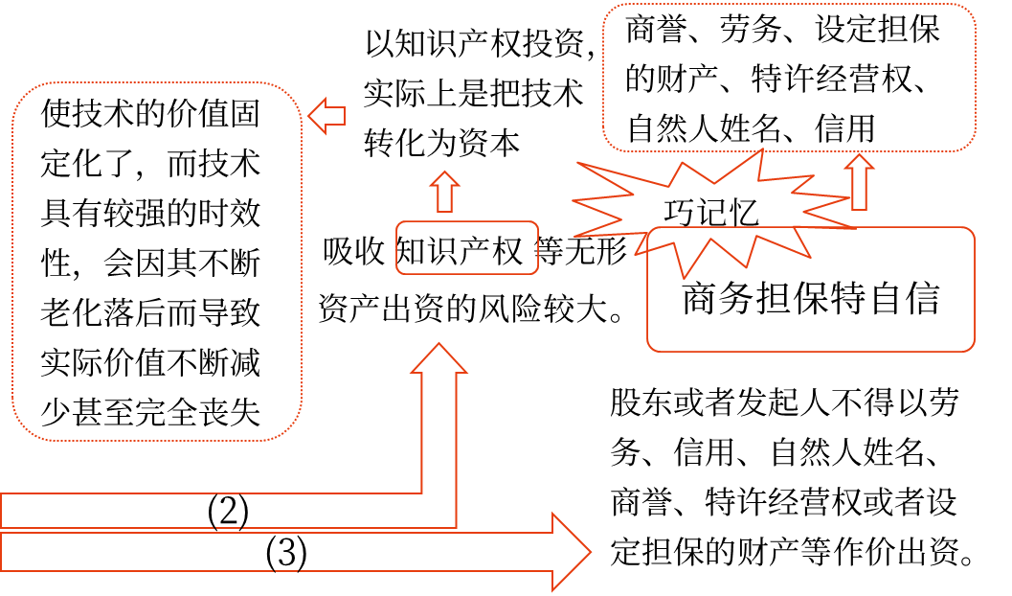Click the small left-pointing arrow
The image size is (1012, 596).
coord(326,116)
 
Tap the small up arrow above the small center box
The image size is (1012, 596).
coord(444,192)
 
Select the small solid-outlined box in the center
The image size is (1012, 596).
coord(467,248)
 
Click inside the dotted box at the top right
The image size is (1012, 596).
coord(789,78)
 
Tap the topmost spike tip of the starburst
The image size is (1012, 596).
coord(762,149)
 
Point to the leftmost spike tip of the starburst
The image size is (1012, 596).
coord(573,201)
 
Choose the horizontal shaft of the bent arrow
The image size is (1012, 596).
coord(211,511)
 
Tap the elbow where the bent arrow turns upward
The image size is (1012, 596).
coord(439,511)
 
